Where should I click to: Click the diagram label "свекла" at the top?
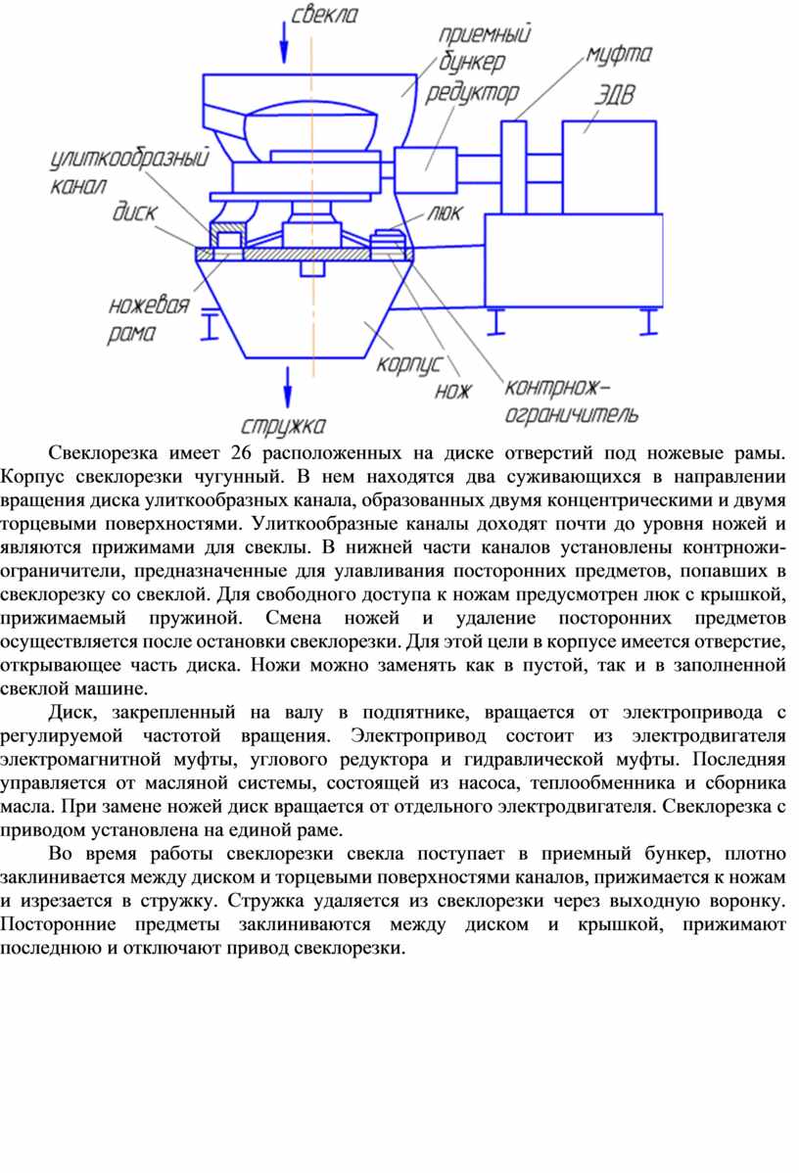click(x=325, y=15)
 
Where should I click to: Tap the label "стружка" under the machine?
click(x=284, y=426)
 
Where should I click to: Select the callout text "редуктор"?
click(x=472, y=94)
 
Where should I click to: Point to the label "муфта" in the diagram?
click(x=619, y=55)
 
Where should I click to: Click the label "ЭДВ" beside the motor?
click(x=614, y=95)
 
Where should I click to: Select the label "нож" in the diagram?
click(x=453, y=391)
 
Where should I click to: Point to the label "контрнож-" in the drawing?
click(x=557, y=388)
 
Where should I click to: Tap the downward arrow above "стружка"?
click(x=287, y=387)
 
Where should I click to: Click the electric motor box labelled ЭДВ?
click(x=609, y=167)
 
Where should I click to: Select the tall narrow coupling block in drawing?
click(x=513, y=167)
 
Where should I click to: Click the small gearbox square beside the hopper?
click(x=425, y=170)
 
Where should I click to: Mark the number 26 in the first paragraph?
click(x=242, y=452)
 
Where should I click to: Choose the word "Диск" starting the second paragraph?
click(x=70, y=712)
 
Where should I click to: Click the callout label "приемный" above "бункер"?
click(x=485, y=33)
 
